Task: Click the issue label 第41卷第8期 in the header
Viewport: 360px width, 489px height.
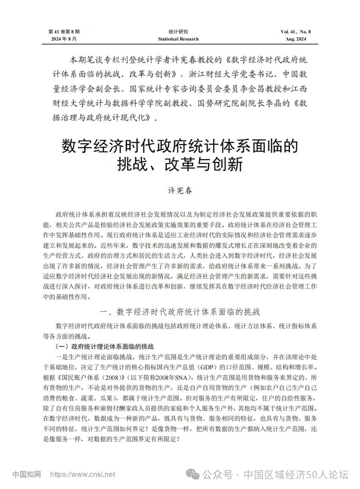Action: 64,32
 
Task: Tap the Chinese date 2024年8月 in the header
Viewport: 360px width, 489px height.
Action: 64,39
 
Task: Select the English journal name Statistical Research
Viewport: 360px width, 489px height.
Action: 178,39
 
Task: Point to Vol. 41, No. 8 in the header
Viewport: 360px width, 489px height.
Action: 296,32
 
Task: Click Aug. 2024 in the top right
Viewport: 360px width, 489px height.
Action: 296,39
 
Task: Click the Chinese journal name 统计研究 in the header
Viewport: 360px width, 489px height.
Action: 178,32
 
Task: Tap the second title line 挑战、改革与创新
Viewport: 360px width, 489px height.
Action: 180,164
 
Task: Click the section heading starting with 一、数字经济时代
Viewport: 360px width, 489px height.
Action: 180,312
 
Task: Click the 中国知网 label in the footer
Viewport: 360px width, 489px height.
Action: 27,474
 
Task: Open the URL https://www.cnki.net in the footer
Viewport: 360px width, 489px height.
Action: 83,474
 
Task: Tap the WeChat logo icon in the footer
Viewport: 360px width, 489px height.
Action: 193,474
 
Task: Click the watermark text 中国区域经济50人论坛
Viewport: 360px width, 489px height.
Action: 296,474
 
